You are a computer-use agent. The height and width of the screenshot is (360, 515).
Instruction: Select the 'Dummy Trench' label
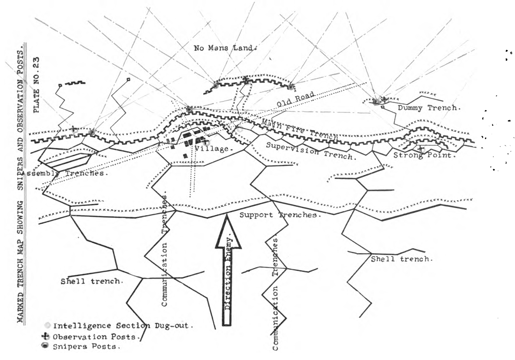[428, 108]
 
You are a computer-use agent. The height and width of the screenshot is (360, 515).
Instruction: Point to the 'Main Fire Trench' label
[300, 129]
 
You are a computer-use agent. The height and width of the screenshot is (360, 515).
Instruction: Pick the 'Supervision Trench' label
[311, 151]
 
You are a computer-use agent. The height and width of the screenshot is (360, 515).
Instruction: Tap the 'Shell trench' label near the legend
[92, 281]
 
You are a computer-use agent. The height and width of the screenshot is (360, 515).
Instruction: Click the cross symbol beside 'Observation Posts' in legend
[48, 337]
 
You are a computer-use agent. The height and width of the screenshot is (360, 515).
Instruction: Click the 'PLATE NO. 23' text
[37, 85]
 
